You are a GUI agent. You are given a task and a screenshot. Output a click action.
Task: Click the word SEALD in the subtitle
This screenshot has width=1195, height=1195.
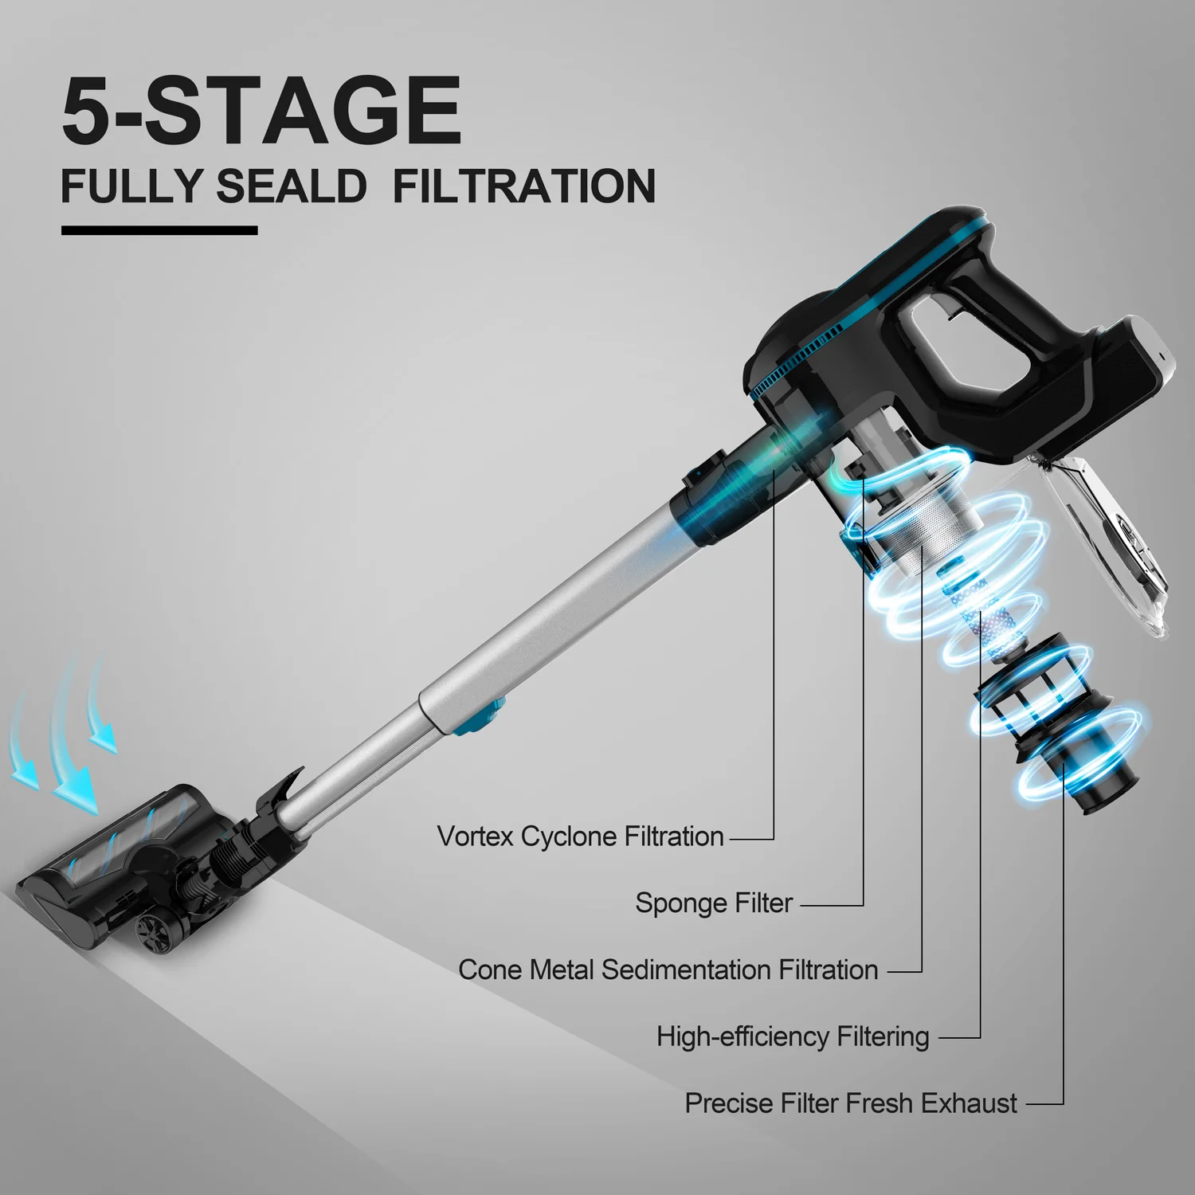point(291,186)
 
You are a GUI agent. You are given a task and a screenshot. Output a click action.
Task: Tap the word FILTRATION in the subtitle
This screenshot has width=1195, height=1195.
point(524,186)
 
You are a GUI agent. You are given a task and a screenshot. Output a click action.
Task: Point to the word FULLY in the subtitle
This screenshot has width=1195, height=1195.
point(131,186)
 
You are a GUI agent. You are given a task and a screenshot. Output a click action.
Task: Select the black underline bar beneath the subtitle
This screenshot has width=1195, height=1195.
point(159,231)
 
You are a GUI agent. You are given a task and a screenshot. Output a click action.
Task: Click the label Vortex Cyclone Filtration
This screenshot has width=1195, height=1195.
point(580,836)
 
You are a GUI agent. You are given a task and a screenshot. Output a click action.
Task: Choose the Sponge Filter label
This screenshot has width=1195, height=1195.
point(714,903)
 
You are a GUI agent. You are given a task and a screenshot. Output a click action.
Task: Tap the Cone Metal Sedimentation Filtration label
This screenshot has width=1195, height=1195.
point(668,970)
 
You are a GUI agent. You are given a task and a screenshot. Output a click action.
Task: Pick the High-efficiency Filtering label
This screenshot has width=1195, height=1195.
point(793,1036)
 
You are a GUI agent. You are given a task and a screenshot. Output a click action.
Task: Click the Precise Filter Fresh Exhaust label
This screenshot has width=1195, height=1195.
point(851,1103)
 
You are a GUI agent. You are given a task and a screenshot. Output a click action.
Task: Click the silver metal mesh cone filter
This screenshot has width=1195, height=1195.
point(928,526)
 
